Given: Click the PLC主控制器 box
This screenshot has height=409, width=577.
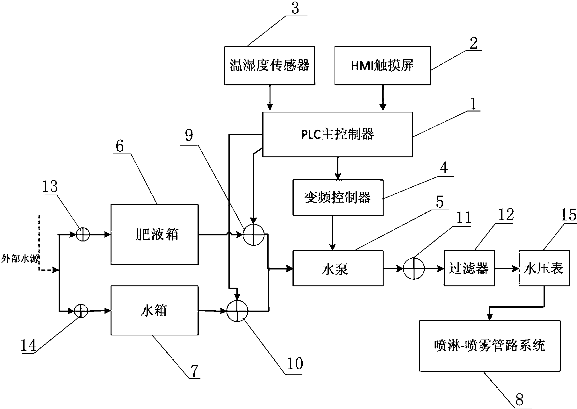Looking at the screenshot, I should (337, 134).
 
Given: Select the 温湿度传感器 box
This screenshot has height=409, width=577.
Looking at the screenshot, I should (270, 65).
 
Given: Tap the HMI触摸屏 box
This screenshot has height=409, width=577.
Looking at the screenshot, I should (382, 65).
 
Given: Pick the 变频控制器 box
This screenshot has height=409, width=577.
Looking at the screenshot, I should (338, 197).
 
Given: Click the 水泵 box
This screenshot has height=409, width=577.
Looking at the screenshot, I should (338, 268).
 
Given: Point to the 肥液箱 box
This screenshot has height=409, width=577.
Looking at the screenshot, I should (155, 234).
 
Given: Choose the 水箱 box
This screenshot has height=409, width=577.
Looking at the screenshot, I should (155, 310).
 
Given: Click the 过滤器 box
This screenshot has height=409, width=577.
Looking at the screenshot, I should (469, 268).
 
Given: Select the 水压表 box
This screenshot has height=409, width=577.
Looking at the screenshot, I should (544, 268).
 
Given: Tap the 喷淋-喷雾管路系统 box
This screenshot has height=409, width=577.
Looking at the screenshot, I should (490, 346).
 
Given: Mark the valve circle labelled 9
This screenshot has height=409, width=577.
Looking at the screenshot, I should (254, 235).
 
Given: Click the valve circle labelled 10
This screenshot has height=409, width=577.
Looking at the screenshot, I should (237, 311).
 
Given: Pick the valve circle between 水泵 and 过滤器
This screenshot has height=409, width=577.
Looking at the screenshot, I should (414, 269).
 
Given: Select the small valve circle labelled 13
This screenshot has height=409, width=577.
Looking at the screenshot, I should (83, 235).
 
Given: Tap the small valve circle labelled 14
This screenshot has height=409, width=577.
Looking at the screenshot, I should (81, 311).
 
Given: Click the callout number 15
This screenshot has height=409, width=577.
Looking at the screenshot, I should (569, 215).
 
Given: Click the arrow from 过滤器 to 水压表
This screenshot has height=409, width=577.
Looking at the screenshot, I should (507, 269).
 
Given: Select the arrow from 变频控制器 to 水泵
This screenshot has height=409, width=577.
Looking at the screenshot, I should (332, 233).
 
